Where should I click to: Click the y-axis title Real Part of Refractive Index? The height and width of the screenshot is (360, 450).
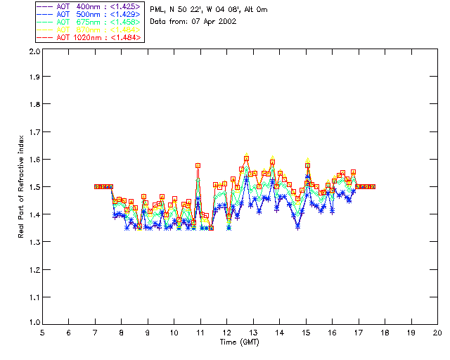(22, 186)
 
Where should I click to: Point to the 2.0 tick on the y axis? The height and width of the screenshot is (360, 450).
(33, 51)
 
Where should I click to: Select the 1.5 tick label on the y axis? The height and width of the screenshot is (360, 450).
(33, 187)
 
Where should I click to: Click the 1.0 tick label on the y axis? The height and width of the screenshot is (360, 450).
(33, 323)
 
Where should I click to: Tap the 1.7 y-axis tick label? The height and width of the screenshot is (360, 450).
(33, 133)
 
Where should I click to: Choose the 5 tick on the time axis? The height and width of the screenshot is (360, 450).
(42, 333)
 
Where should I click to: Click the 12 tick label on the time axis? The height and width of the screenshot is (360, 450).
(226, 333)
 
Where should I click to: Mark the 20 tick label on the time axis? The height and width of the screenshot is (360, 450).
(437, 333)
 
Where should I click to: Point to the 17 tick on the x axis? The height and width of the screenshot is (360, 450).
(359, 333)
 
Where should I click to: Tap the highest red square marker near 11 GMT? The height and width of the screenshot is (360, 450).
(198, 166)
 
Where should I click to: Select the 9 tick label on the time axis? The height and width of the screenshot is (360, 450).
(148, 333)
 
